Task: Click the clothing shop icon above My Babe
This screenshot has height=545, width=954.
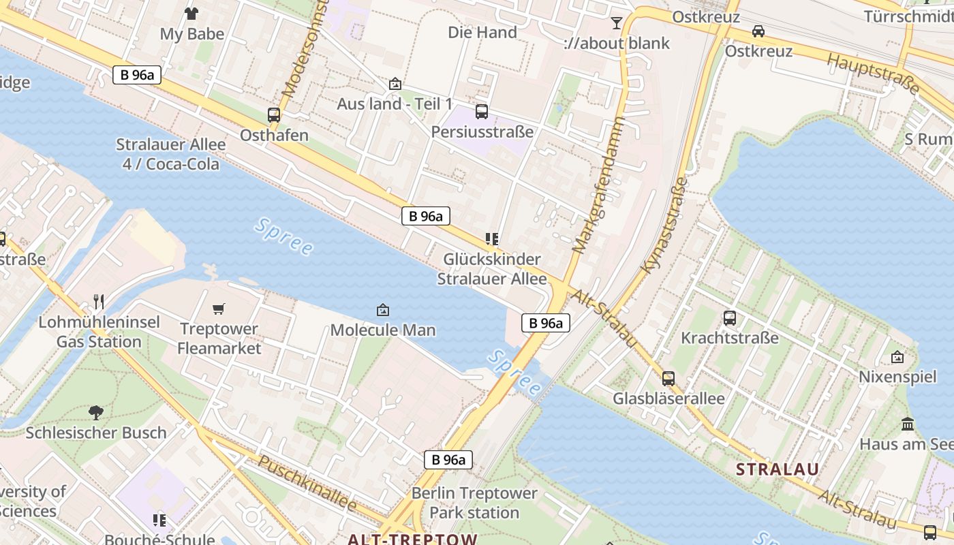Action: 191,13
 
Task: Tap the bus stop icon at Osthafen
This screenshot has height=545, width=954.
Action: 274,114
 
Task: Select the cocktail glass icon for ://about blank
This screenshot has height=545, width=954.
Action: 617,23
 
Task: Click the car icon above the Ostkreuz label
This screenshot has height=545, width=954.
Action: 758,31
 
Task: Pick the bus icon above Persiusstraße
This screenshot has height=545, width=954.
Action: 482,111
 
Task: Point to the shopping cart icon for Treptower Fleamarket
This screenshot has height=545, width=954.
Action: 219,309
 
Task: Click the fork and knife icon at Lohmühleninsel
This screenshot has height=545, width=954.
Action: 99,301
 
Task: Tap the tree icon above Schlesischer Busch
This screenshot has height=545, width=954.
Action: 95,412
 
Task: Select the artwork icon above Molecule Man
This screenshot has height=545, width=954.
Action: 383,310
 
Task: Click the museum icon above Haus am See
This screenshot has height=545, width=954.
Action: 908,424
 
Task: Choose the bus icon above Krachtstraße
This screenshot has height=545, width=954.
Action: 730,317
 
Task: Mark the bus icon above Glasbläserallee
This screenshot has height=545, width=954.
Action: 668,378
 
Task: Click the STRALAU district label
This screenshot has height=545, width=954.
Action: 778,469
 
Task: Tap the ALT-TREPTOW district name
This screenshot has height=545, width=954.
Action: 412,539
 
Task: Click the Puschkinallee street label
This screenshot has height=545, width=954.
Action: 307,484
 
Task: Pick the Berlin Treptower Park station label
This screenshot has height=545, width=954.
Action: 474,503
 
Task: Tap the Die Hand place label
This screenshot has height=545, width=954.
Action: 482,32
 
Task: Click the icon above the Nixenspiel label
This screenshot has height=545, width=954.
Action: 897,357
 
